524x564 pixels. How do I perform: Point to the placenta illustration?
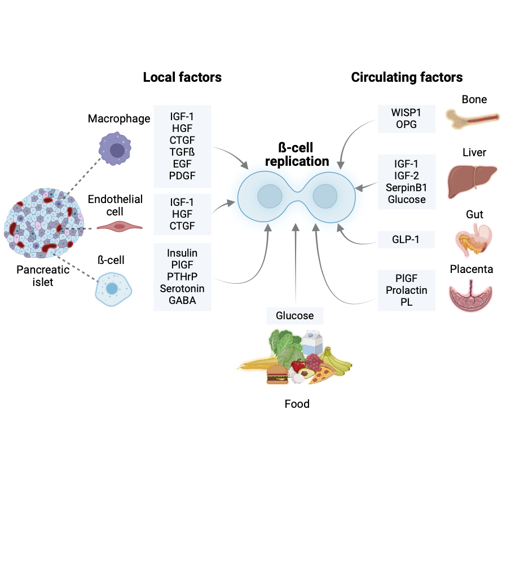pos(474,296)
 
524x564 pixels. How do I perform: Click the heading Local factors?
pos(182,77)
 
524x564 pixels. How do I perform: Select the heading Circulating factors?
pos(407,77)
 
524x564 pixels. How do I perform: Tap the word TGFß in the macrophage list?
pos(182,152)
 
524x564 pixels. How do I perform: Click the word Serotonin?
pos(182,288)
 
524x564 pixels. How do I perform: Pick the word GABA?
pos(182,301)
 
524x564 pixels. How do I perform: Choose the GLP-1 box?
pos(407,239)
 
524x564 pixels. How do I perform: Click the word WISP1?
pos(407,112)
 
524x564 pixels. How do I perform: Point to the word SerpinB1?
pos(407,187)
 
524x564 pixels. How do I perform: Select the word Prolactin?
pos(407,290)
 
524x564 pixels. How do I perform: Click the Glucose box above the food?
pos(294,315)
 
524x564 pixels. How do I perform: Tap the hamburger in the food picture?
pos(277,374)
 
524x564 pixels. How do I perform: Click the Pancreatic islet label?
pos(43,275)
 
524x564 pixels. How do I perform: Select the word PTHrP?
pos(182,276)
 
